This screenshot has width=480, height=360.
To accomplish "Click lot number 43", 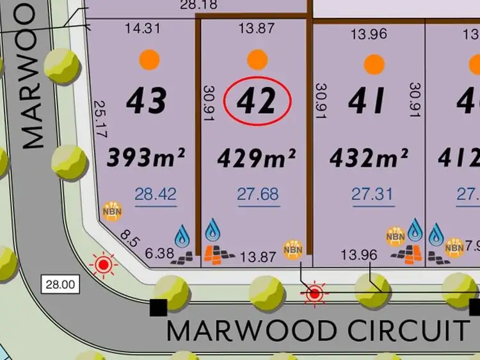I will coord(147,101).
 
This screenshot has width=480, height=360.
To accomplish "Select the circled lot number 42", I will coord(257,101).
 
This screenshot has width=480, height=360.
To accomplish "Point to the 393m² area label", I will coord(146,157).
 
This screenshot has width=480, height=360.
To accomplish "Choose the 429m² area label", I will coord(257,157).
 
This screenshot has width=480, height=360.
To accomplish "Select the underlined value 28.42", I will coord(156,193).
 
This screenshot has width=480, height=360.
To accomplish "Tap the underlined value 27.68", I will coord(258,193).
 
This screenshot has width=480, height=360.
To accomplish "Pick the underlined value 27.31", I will coord(372,193).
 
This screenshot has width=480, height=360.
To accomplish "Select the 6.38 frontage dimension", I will coord(160,254).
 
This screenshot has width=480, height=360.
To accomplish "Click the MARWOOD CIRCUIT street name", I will coord(317,331).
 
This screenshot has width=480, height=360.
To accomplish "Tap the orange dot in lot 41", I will coord(374,63).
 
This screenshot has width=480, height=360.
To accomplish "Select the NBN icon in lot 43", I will coord(112,211).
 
